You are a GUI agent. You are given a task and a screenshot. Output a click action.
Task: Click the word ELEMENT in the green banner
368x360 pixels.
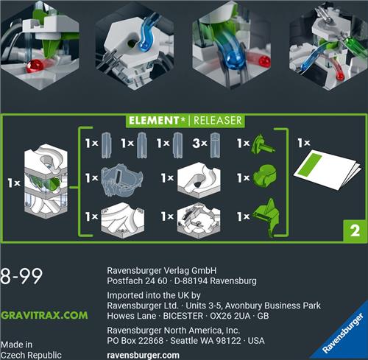point(154,121)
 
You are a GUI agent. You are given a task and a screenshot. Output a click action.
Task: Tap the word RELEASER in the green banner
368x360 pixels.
point(218,121)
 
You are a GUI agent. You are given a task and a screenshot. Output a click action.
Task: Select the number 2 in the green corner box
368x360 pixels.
point(355,231)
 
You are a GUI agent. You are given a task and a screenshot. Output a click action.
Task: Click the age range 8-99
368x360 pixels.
point(21,276)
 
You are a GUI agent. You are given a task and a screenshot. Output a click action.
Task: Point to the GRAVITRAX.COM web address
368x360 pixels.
point(44,315)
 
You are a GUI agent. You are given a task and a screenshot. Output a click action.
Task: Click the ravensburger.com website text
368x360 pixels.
point(143,356)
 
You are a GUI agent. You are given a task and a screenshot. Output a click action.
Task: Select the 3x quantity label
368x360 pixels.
point(200,143)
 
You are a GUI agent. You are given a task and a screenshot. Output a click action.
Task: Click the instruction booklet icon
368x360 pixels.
point(328,169)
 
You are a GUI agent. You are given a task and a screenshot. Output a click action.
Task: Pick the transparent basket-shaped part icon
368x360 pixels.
point(122,180)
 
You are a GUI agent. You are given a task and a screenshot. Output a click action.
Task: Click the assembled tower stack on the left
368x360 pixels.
point(46,182)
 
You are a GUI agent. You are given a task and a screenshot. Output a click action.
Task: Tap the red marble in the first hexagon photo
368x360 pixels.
point(35,66)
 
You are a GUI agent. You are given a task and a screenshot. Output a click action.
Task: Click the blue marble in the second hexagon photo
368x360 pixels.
point(146,46)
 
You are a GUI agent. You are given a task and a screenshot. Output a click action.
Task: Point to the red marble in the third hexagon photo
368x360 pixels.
point(264,62)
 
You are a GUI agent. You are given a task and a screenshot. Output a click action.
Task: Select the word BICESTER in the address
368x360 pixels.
point(183,316)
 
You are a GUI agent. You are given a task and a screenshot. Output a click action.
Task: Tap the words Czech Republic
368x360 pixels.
point(31,356)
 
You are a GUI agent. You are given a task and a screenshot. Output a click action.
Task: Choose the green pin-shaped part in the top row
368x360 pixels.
point(263,144)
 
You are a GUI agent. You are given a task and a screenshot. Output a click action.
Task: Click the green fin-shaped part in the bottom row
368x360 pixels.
point(267,217)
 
